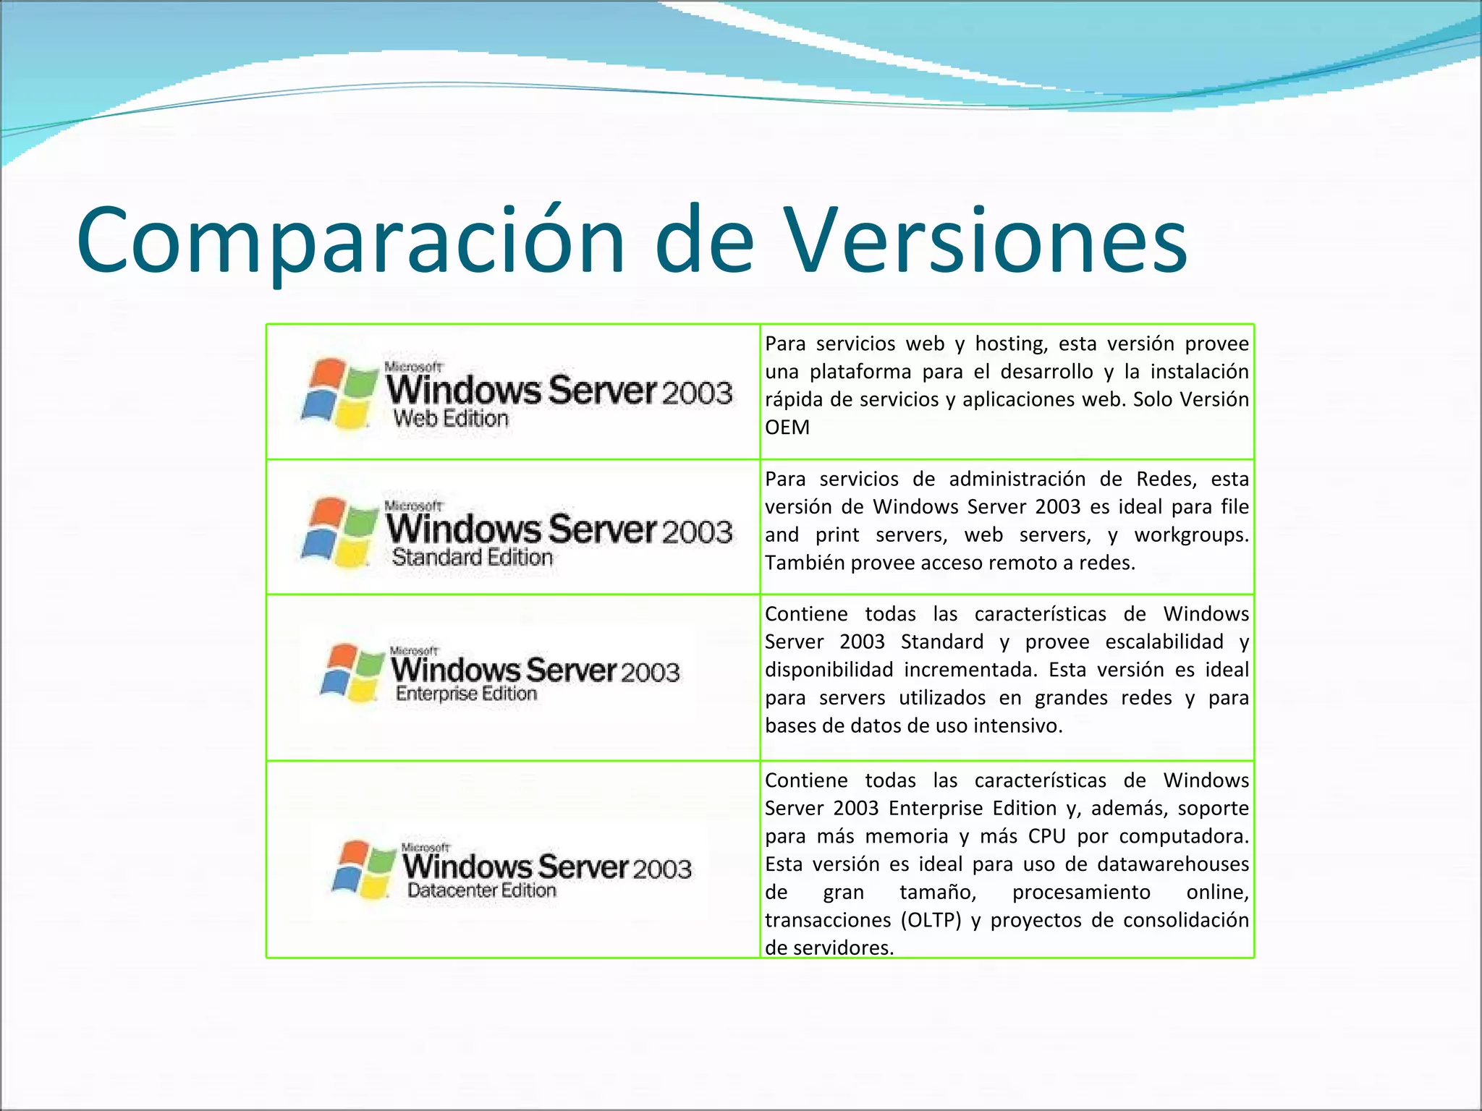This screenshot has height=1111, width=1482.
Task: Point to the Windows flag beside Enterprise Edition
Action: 352,673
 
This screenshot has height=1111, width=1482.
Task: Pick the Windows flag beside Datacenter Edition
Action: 364,869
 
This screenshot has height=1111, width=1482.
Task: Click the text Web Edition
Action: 451,419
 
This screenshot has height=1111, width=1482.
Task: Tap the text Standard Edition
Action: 472,558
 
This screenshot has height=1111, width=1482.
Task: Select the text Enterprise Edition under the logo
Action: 466,694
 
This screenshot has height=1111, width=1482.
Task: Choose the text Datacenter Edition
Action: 482,890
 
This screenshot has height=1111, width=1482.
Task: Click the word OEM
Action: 787,427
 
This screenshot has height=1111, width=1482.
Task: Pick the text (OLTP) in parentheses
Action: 931,920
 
